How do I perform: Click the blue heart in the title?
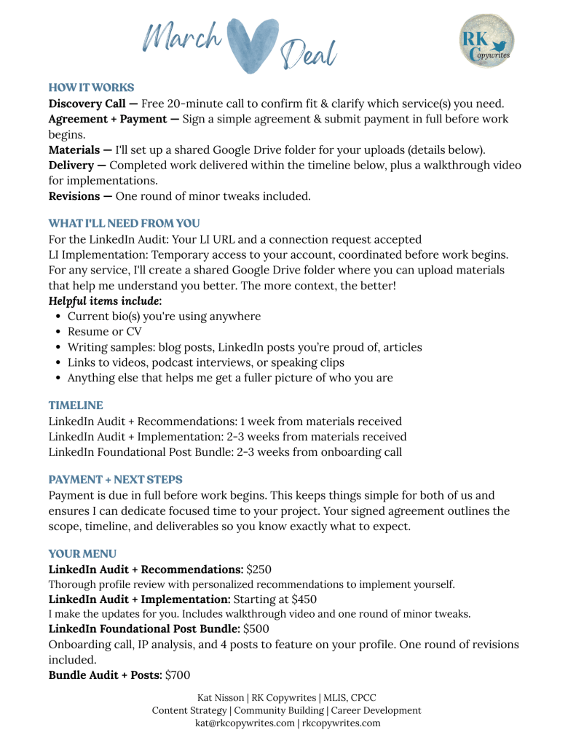[250, 44]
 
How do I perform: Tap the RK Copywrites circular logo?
[486, 41]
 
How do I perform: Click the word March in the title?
[182, 36]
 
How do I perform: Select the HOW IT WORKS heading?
[91, 88]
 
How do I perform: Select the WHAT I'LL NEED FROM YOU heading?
[124, 223]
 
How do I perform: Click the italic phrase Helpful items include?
[105, 300]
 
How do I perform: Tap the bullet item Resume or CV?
[105, 332]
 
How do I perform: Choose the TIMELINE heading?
[76, 405]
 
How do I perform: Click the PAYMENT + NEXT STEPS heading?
[115, 480]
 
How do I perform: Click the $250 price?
[259, 569]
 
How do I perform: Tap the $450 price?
[304, 599]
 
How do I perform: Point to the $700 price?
[178, 675]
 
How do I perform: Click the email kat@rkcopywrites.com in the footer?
[244, 723]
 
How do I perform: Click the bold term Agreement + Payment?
[113, 119]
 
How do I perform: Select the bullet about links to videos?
[206, 362]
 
